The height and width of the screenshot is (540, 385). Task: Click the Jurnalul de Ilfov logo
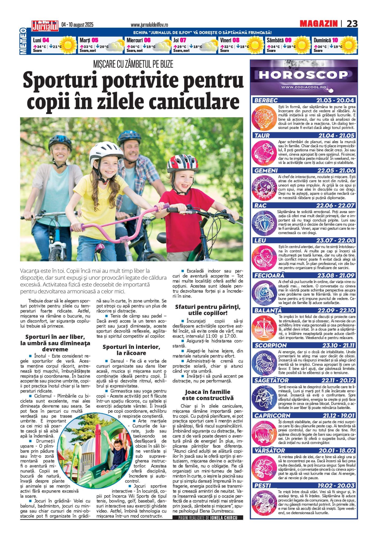[x=45, y=26]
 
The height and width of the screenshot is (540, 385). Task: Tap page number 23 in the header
[x=352, y=24]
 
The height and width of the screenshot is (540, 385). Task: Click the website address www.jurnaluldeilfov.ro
[x=149, y=25]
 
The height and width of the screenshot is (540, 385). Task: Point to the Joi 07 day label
[x=180, y=40]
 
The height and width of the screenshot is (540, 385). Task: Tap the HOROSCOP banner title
[x=303, y=75]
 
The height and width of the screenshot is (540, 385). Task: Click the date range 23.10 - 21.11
[x=338, y=345]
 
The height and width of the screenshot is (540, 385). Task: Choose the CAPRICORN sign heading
[x=272, y=415]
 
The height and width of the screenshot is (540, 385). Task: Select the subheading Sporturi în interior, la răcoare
[x=131, y=350]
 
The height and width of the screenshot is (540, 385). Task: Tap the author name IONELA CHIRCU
[x=224, y=518]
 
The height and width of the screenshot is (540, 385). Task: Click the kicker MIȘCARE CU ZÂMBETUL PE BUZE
[x=133, y=64]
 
